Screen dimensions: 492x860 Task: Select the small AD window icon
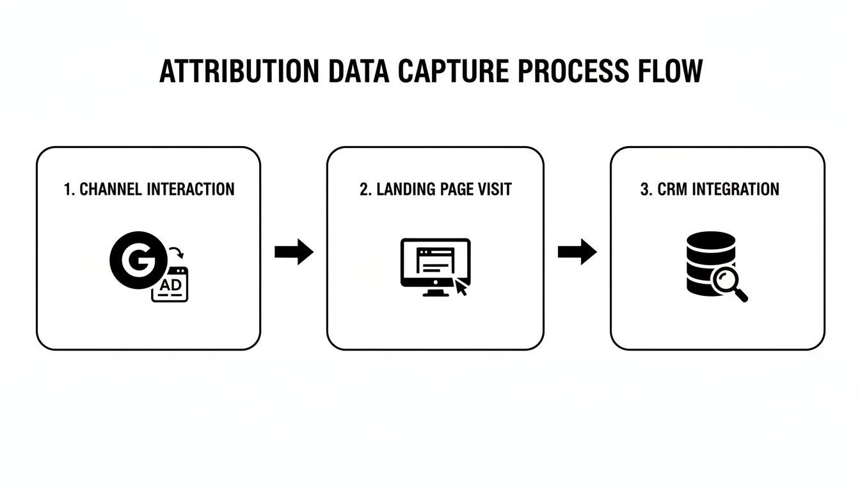[170, 285]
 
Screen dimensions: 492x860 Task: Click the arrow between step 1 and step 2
[294, 252]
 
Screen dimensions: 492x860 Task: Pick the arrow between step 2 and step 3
[577, 252]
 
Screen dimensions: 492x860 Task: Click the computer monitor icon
[435, 263]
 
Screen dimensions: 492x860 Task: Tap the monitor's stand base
[435, 293]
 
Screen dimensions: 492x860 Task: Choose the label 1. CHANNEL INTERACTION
[149, 190]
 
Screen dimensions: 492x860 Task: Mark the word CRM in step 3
[670, 190]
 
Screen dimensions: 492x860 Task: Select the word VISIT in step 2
[495, 190]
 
